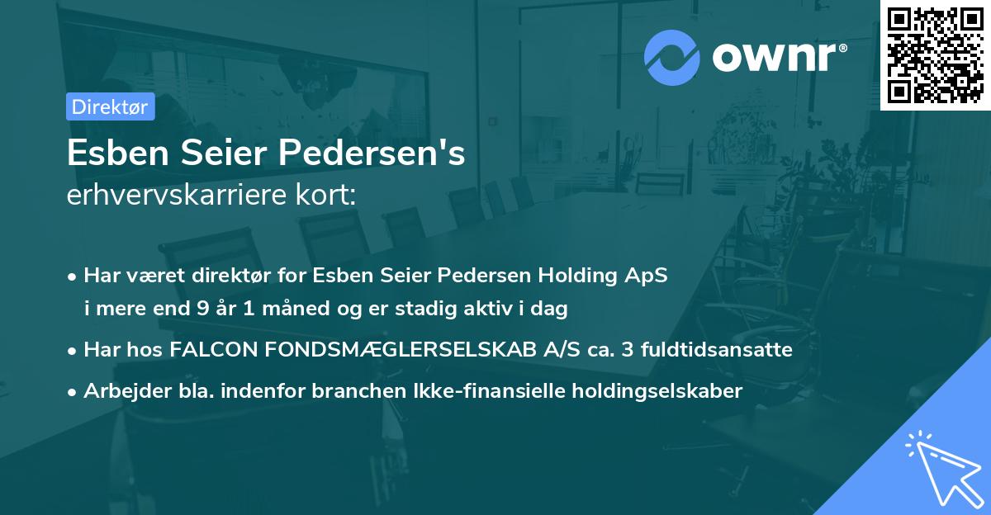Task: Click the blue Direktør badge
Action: pyautogui.click(x=109, y=106)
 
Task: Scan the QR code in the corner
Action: pyautogui.click(x=936, y=54)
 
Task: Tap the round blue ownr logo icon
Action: pyautogui.click(x=671, y=57)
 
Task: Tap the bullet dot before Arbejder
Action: pyautogui.click(x=73, y=391)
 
